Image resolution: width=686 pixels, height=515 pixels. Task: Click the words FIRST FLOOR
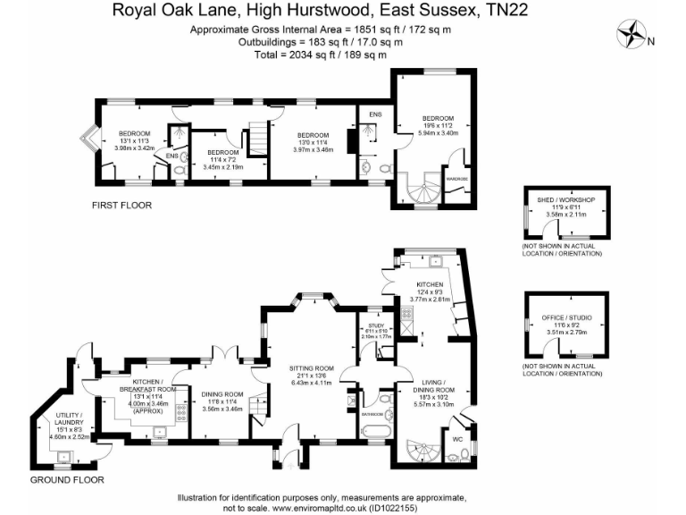121,206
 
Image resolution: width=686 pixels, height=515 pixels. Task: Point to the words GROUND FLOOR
67,480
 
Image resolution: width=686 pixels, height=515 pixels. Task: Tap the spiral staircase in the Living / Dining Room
419,452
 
